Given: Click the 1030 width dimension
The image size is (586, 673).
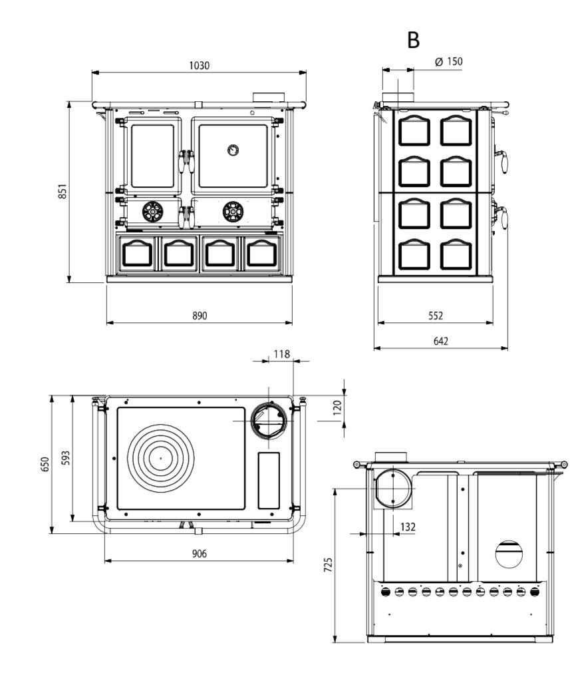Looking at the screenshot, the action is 199,66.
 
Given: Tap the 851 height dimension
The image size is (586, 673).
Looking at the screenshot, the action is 63,192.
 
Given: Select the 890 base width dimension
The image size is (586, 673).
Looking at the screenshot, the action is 200,316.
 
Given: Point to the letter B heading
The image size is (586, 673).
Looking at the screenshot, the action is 413,40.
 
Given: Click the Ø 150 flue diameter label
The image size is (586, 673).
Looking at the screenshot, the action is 449,61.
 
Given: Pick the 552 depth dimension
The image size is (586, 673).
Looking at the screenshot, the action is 436,316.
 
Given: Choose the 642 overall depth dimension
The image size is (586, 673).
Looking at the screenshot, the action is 440,341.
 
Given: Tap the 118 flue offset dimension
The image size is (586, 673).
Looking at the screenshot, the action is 282,354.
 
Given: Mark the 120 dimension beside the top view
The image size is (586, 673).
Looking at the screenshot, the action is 337,407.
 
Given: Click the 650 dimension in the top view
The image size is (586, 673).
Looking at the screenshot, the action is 45,465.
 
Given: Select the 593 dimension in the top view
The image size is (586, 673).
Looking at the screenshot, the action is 65,458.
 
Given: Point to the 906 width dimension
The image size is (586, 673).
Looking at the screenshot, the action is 200,554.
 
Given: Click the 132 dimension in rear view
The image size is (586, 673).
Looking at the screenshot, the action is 408,527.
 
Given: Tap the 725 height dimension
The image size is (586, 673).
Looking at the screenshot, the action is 328,565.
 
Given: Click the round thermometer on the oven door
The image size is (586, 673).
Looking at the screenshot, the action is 233,150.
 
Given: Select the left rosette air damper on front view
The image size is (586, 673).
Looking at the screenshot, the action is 153,212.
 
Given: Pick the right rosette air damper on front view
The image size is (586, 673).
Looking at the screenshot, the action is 233,212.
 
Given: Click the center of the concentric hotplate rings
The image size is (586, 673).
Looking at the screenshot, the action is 161,459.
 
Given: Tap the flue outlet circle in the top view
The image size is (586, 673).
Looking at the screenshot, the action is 269,421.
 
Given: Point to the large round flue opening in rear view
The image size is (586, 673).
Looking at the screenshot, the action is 393,489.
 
